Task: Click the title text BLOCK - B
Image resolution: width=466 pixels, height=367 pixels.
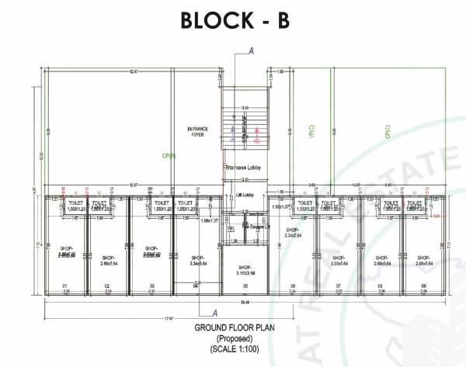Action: pyautogui.click(x=234, y=20)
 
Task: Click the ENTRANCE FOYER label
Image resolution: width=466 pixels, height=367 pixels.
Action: pyautogui.click(x=198, y=131)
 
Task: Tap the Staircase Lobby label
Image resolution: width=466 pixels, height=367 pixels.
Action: pyautogui.click(x=241, y=168)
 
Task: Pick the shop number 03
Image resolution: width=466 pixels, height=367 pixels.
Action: pyautogui.click(x=152, y=286)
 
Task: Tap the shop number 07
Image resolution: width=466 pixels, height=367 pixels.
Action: pyautogui.click(x=339, y=286)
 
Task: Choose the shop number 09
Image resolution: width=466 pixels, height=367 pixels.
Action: pyautogui.click(x=423, y=286)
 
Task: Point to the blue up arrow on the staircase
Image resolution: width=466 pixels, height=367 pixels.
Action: pyautogui.click(x=235, y=132)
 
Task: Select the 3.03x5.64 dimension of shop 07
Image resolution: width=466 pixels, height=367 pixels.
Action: pyautogui.click(x=339, y=264)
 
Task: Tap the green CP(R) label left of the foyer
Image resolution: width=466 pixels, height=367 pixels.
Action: pyautogui.click(x=166, y=156)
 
